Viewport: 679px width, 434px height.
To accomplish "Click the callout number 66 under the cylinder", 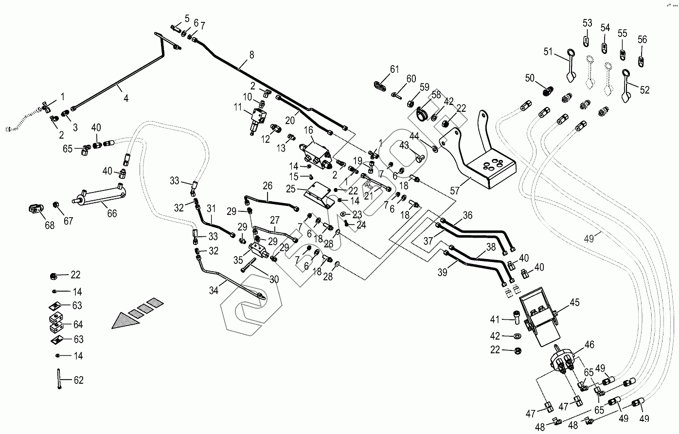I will [x=112, y=213].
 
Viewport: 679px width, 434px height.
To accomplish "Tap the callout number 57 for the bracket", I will [x=455, y=191].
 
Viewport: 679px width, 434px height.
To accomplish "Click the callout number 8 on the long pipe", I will [x=251, y=55].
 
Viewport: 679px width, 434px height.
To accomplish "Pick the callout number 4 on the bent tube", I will [x=125, y=98].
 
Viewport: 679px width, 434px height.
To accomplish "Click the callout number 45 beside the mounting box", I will [x=574, y=302].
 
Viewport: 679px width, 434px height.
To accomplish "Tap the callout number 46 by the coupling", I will [x=590, y=345].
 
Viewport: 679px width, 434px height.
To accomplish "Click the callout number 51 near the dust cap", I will [x=548, y=52].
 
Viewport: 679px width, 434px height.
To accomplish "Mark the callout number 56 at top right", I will [x=642, y=39].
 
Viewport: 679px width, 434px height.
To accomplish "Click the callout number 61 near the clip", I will [x=393, y=69].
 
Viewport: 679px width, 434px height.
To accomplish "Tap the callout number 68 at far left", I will [x=50, y=226].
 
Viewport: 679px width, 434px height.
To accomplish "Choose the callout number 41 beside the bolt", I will [x=495, y=319].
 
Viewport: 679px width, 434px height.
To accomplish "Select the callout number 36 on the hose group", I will [x=467, y=215].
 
